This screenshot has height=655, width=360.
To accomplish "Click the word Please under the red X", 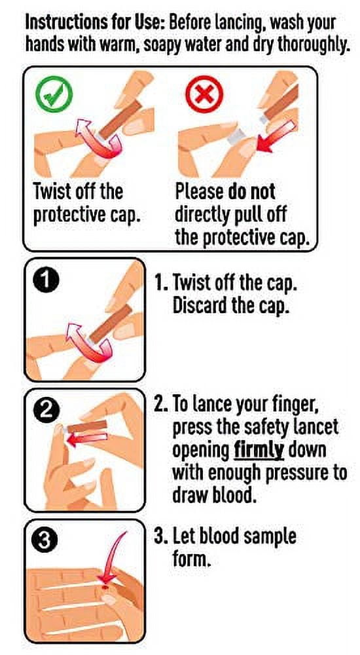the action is pos(200,192).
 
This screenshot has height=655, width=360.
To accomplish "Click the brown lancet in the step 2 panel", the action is pos(88,426).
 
